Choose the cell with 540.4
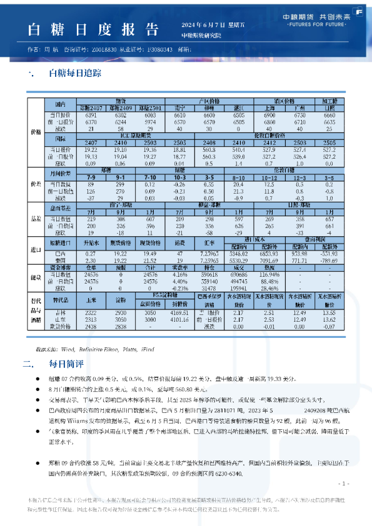238,150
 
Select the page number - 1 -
343,484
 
